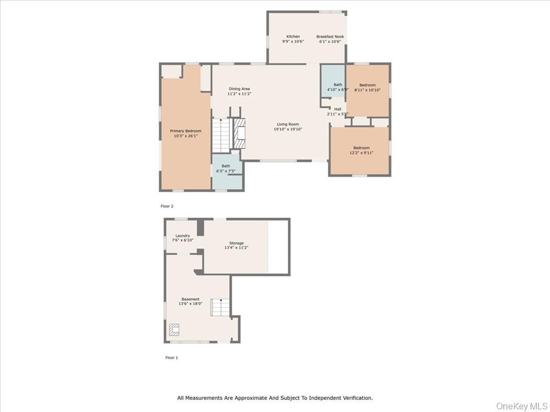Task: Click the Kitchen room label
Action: pos(293,36)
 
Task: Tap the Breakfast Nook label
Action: pos(330,36)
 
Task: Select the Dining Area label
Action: pos(239,89)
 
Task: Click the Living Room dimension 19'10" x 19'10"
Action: pos(288,129)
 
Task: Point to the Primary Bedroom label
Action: pos(186,131)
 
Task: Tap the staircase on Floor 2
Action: pos(221,135)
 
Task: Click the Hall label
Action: pos(337,109)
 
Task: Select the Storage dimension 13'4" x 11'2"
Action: pos(236,248)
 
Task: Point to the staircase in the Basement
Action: pos(220,307)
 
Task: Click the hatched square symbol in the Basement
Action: pos(175,329)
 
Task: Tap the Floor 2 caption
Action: pos(167,206)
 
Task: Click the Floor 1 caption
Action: pos(171,357)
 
